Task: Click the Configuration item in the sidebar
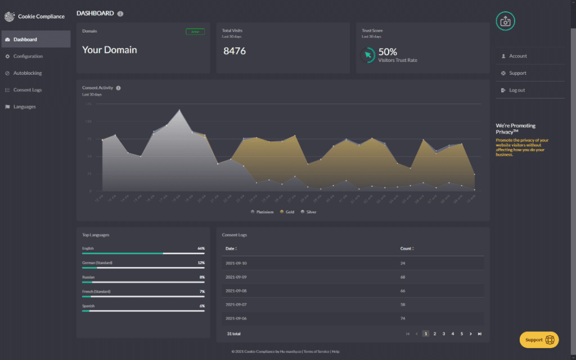tap(28, 56)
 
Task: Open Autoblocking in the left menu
tap(28, 73)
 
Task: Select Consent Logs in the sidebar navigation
tap(28, 90)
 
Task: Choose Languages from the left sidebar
tap(24, 107)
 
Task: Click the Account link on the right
tap(517, 56)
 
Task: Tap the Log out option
tap(516, 90)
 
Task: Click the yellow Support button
tap(539, 340)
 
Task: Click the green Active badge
tap(195, 31)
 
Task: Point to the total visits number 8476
tap(235, 51)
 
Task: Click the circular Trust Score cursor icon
tap(367, 55)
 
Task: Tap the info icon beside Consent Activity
tap(118, 88)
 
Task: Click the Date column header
tap(231, 249)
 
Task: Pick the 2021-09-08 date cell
tap(236, 291)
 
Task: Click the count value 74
tap(402, 318)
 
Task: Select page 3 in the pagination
tap(444, 334)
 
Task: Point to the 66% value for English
tap(201, 248)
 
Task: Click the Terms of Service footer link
tap(316, 352)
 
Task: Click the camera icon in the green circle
tap(505, 21)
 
